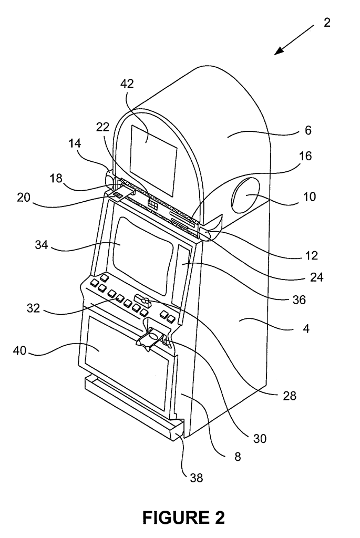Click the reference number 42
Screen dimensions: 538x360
127,85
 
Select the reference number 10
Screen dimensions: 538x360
310,198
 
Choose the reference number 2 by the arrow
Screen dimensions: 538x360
327,24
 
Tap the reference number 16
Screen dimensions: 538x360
305,156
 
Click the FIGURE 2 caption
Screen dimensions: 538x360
180,518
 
